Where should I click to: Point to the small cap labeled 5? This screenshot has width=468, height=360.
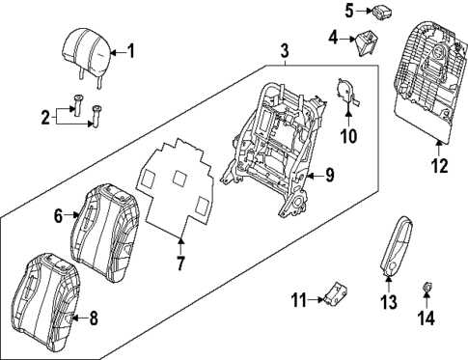pos(380,13)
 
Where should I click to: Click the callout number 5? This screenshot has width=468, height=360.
pos(348,13)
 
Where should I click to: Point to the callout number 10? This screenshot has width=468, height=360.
pos(348,136)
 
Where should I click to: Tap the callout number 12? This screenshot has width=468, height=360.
pos(439,165)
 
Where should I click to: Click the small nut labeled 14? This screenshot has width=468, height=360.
pos(426,287)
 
